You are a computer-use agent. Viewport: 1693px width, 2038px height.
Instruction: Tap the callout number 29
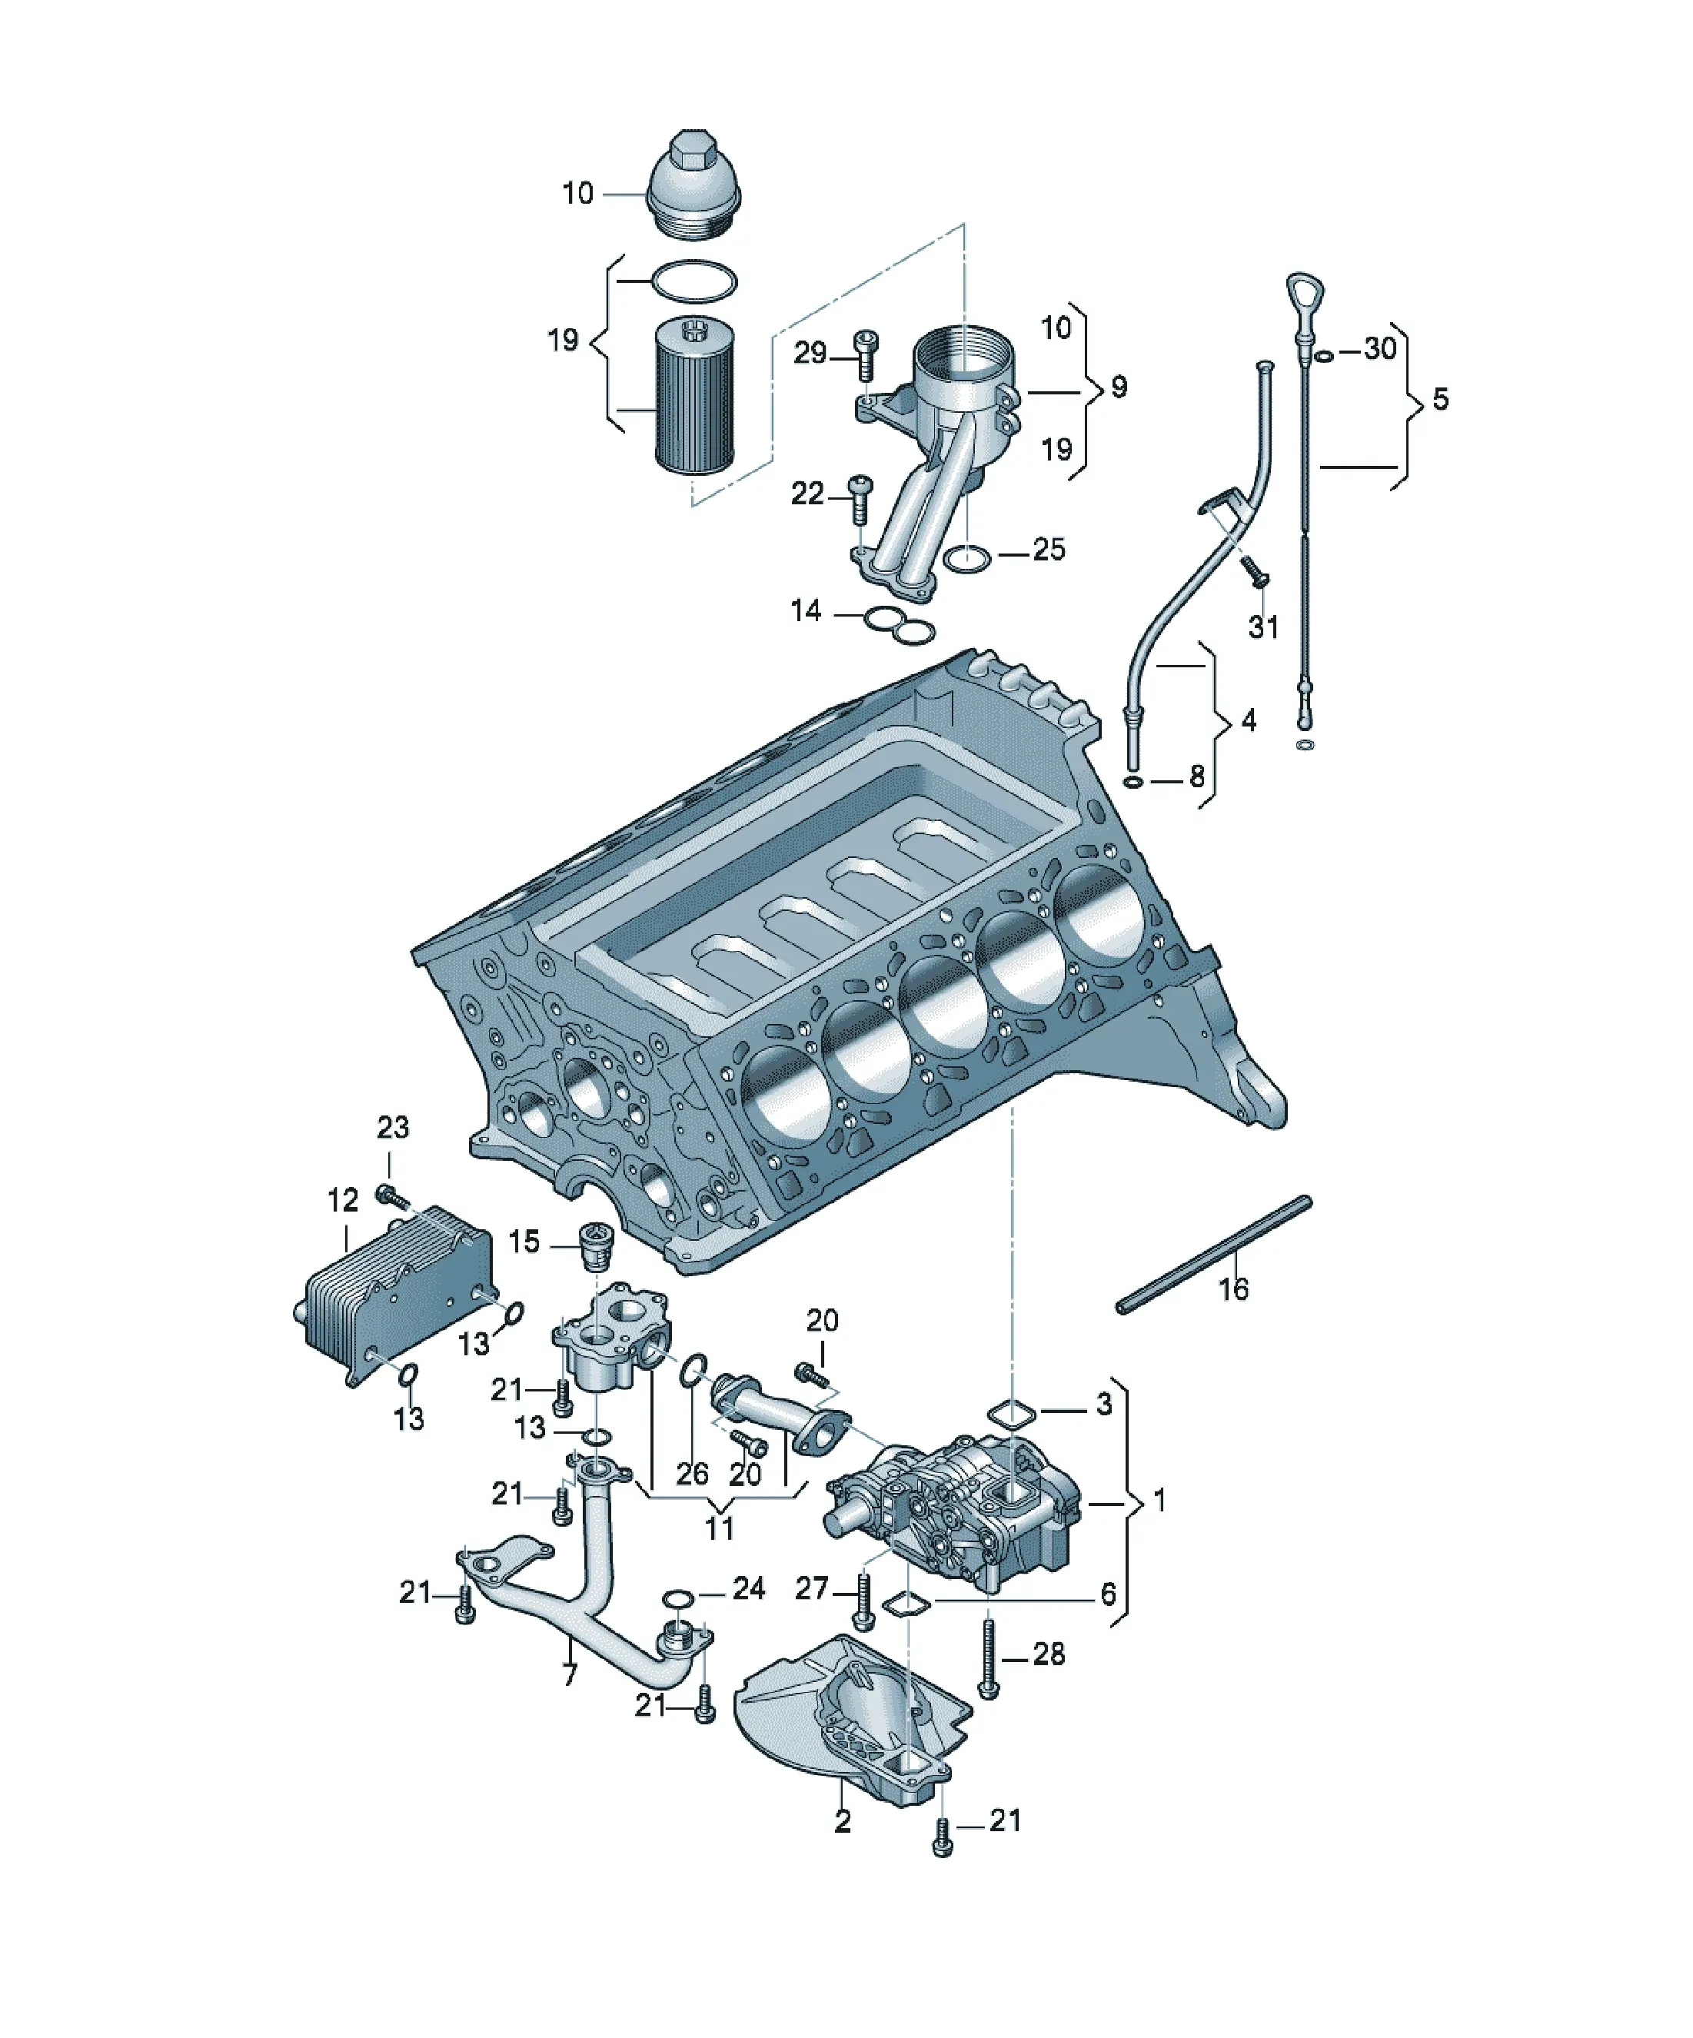point(810,354)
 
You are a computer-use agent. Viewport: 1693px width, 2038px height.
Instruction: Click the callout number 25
point(1049,550)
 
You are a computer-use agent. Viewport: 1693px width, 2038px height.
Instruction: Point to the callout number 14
point(806,611)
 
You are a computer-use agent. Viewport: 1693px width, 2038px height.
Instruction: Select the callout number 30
point(1379,348)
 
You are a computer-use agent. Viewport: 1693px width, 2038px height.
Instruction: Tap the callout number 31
point(1263,627)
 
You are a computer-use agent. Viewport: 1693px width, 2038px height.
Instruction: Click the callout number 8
point(1196,776)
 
